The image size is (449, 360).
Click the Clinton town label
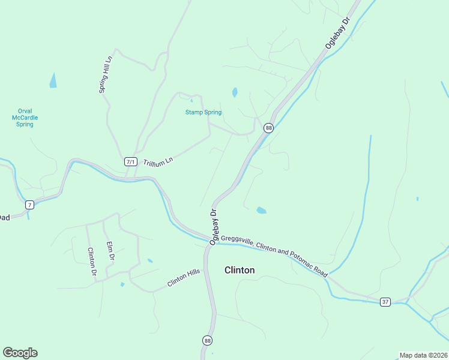[239, 270]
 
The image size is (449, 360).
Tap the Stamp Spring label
[203, 112]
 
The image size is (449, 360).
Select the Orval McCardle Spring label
[25, 118]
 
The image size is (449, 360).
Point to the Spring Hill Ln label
[106, 74]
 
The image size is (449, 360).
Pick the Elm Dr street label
[110, 251]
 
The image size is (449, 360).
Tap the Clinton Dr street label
[92, 262]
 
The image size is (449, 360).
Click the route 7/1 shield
[131, 162]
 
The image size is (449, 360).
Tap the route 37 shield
[385, 302]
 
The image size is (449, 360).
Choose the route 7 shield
[29, 205]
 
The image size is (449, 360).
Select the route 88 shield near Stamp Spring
[268, 128]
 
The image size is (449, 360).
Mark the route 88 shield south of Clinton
[206, 340]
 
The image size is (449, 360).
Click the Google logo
[20, 353]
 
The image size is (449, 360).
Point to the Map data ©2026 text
[423, 355]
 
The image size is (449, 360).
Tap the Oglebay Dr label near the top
[337, 33]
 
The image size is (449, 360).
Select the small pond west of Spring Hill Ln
[53, 80]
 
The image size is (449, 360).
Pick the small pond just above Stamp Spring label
[235, 92]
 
